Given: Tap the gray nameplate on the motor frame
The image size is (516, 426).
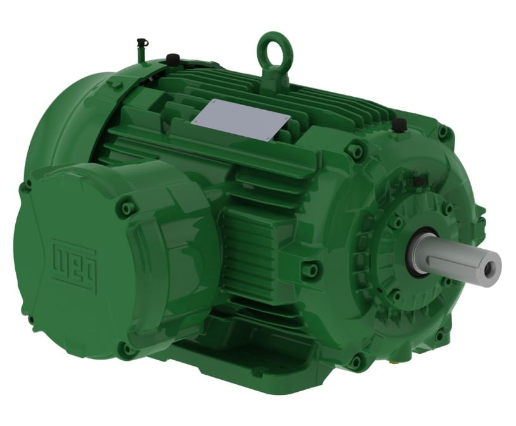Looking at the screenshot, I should (x=240, y=120).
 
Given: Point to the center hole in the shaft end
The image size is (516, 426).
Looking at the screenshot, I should (x=489, y=270).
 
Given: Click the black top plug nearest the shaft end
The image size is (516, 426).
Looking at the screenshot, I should (x=399, y=125).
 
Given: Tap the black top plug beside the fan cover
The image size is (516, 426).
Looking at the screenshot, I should (x=172, y=60).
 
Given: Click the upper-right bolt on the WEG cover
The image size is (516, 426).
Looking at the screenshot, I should (x=127, y=208).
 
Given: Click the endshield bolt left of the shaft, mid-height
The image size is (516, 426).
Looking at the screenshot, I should (x=311, y=270).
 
